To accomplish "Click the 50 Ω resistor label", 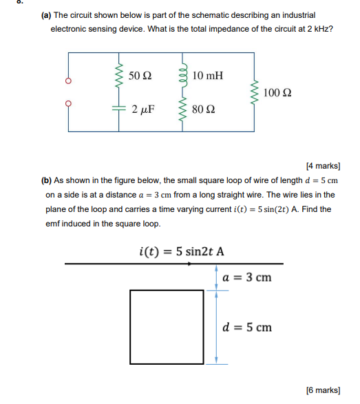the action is pos(141,74).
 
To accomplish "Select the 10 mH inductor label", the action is pos(208,74).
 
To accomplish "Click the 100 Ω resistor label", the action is pos(277,92).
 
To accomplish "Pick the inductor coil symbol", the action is pos(184,75).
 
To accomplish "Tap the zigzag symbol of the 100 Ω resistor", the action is pos(256,92).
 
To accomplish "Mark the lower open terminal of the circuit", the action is pos(67,105).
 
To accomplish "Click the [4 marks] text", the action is pos(323,166).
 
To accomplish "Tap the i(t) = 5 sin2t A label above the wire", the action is pos(182,251).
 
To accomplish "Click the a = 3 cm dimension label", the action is pos(247,277).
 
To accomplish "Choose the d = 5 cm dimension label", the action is pos(247,327).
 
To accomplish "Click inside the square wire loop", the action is pos(167,327).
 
